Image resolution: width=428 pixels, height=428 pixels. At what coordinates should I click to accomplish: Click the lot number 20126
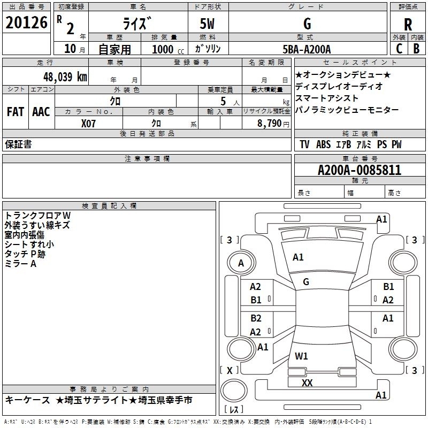tap(26, 22)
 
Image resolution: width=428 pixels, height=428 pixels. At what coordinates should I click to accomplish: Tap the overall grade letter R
tap(408, 25)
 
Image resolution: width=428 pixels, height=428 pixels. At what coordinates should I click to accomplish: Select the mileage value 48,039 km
tap(65, 77)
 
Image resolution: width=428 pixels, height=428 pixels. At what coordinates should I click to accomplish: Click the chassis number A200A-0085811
tap(360, 170)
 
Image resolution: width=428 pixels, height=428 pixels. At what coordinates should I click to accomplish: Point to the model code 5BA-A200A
tap(307, 49)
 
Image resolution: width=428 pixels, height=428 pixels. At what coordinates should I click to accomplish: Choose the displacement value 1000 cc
tap(168, 49)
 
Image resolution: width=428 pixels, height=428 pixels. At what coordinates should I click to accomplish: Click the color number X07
tap(88, 124)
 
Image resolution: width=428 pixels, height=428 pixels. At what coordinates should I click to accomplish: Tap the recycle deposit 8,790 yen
tap(273, 124)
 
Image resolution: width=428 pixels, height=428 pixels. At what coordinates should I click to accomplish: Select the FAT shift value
tap(16, 112)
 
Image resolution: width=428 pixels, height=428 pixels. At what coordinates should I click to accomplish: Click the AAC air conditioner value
tap(41, 112)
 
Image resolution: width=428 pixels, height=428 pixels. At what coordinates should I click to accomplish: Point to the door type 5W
tap(207, 24)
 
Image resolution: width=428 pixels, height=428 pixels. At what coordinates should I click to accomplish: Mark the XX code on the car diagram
tap(307, 383)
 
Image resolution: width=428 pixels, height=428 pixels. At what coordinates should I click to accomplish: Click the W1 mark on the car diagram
tap(301, 356)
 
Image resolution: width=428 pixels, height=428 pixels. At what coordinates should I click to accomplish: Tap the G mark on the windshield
tap(306, 282)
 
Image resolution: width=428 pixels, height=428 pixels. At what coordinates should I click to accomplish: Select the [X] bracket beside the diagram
tap(230, 370)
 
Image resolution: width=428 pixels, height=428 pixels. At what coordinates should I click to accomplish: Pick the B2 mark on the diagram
tap(256, 318)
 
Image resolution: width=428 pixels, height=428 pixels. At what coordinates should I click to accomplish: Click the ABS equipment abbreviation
tap(324, 144)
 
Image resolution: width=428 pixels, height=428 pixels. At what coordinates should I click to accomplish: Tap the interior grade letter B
tap(416, 49)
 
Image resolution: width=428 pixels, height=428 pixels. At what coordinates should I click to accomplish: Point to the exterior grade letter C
tap(399, 49)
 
